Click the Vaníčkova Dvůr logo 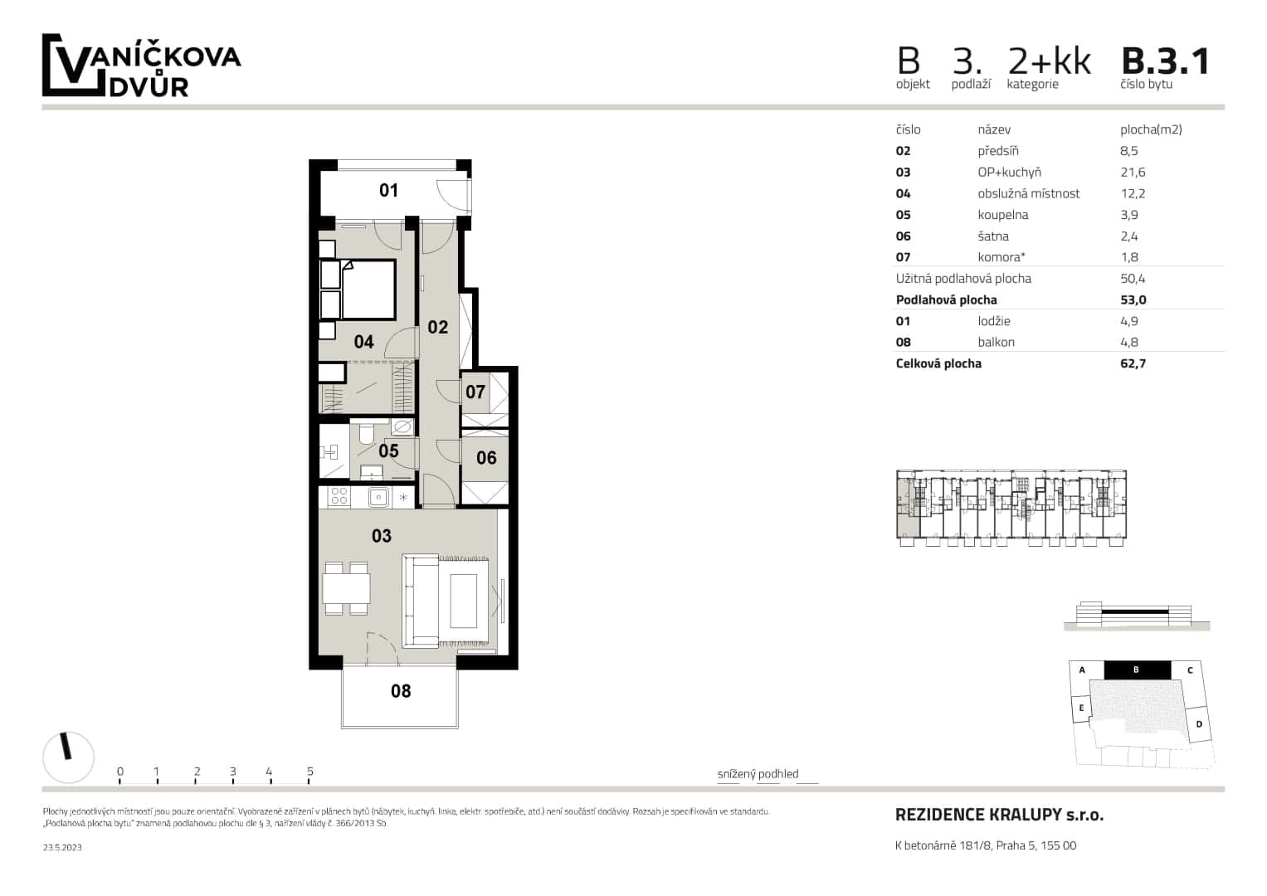coord(141,66)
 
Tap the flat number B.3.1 coord(1165,61)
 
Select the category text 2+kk coord(1049,61)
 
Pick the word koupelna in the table coord(1002,215)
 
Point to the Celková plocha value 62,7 coord(1133,363)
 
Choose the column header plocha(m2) coord(1150,129)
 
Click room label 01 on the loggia coord(388,191)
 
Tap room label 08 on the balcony coord(401,691)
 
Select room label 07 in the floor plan coord(475,392)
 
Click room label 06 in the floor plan coord(486,458)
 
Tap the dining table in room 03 coord(346,589)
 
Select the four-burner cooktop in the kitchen coord(339,497)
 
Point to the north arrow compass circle coord(68,757)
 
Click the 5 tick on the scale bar coord(309,772)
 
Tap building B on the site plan coord(1136,670)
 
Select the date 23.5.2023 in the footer coord(62,847)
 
